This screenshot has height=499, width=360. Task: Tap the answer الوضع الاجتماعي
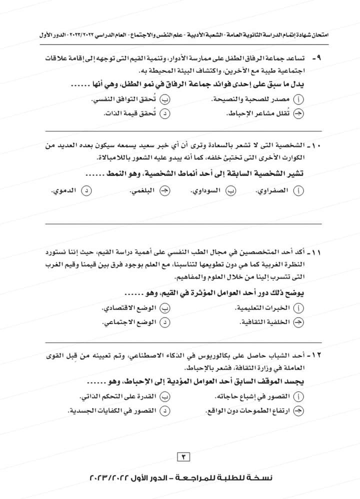(x=124, y=323)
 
